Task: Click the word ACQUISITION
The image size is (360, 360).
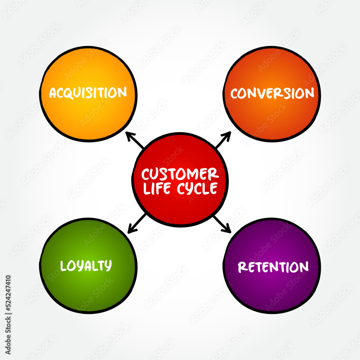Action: click(x=88, y=93)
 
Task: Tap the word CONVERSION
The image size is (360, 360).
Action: click(x=272, y=94)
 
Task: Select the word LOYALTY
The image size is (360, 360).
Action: click(x=86, y=266)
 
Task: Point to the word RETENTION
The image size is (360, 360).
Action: click(x=273, y=267)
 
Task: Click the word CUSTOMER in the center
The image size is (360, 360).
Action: click(x=180, y=175)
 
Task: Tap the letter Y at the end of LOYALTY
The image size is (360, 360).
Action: click(x=107, y=266)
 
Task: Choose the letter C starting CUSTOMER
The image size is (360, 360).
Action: click(x=146, y=175)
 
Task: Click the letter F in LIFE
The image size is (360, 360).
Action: click(x=162, y=189)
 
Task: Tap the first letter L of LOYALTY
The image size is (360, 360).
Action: click(x=63, y=266)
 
